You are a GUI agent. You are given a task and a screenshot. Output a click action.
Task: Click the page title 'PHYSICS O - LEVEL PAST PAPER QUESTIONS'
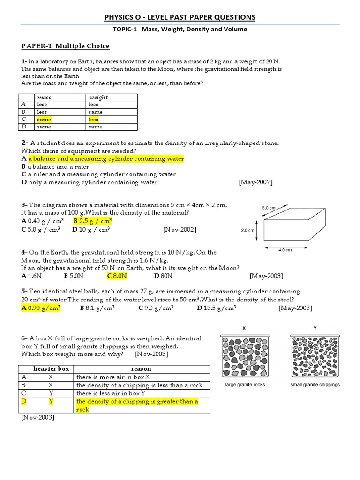click(180, 17)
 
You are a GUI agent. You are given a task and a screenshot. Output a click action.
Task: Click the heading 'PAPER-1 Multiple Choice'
click(66, 46)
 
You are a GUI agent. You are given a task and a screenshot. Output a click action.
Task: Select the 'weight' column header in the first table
click(98, 97)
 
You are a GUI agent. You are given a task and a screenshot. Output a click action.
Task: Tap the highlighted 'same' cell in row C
click(44, 120)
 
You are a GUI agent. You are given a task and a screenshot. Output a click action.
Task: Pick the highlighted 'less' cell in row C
click(94, 120)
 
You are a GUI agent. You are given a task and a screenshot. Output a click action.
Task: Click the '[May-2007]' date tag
click(255, 182)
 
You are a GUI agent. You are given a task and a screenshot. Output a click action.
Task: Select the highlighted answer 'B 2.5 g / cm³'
click(93, 221)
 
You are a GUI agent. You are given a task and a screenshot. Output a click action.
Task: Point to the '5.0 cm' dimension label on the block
click(269, 208)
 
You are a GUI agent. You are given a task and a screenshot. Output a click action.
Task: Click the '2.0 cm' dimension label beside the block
click(247, 230)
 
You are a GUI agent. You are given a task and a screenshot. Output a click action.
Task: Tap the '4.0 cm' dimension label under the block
click(285, 250)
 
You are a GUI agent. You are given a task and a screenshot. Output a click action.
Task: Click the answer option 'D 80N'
click(164, 276)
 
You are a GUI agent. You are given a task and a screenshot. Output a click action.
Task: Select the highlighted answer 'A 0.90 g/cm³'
click(41, 308)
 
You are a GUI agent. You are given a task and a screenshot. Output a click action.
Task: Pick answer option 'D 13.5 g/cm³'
click(217, 308)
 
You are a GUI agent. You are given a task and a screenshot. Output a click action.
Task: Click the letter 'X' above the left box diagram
click(244, 329)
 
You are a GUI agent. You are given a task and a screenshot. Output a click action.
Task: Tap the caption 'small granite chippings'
click(315, 385)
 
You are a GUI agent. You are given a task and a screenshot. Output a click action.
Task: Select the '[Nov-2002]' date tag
click(180, 230)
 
